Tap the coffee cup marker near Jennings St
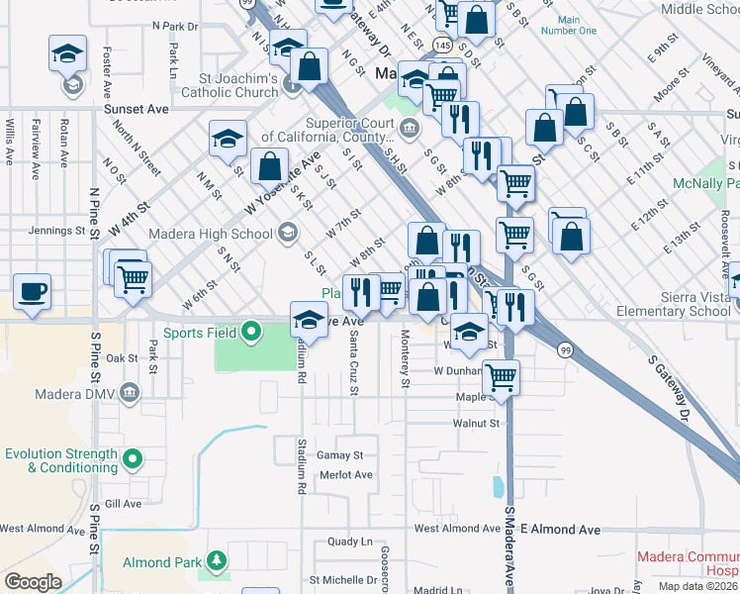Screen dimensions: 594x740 tap(32, 292)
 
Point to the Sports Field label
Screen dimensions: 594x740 tap(200, 333)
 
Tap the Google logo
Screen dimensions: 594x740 tap(33, 582)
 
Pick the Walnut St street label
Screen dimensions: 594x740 tap(476, 423)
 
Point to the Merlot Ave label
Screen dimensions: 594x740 tap(346, 475)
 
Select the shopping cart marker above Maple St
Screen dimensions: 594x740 tap(503, 377)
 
